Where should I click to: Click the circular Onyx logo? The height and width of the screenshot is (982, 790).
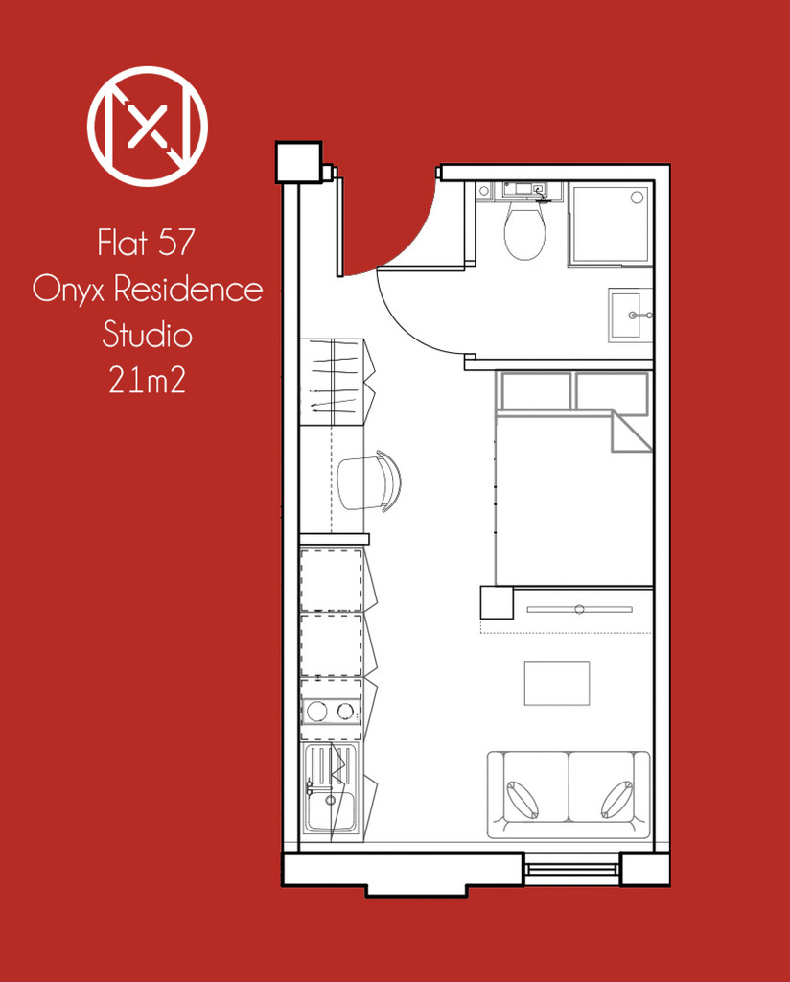click(147, 126)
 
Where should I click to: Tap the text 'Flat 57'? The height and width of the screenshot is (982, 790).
click(147, 243)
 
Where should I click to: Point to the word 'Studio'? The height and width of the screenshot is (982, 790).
click(147, 334)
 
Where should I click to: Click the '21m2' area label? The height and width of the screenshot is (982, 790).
click(147, 380)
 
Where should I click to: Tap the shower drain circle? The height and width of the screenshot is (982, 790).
click(637, 198)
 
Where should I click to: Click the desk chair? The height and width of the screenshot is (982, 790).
click(369, 481)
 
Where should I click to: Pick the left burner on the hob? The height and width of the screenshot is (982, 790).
click(316, 711)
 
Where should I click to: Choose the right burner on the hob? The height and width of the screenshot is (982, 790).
click(345, 711)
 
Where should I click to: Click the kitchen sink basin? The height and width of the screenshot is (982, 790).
click(331, 809)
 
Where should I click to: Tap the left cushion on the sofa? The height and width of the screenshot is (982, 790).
click(523, 800)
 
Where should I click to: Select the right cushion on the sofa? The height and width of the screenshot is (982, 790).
click(616, 800)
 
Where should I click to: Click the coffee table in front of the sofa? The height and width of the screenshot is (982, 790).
click(557, 683)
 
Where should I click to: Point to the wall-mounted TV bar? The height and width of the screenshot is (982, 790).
click(580, 609)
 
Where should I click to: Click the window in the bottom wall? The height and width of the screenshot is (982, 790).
click(570, 870)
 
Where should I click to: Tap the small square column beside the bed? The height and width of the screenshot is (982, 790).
click(497, 603)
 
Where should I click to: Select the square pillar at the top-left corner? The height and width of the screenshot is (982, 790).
click(299, 161)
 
